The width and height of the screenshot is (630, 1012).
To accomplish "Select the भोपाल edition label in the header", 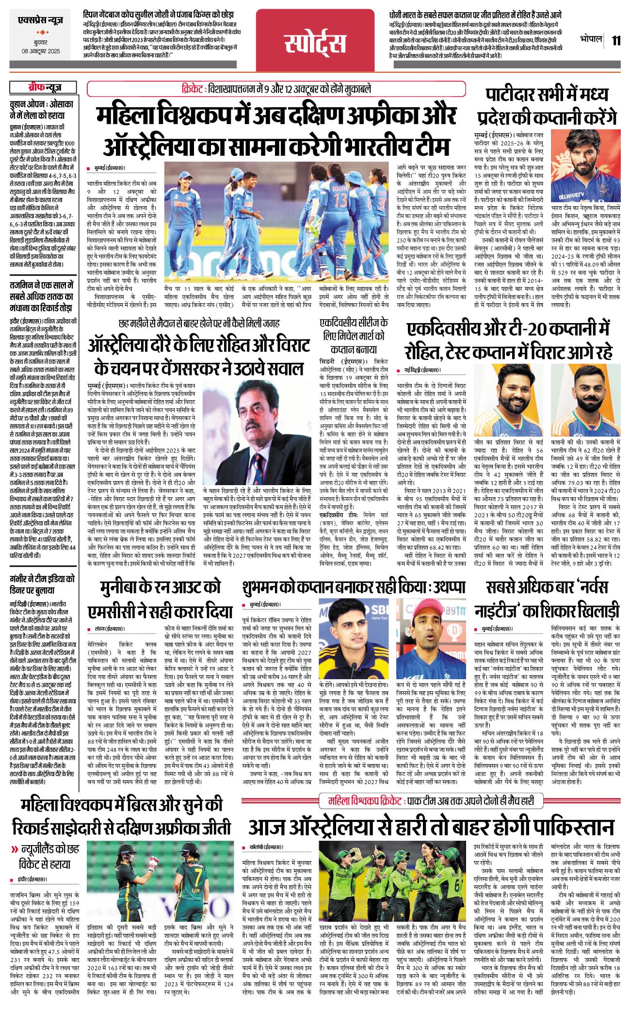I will (x=591, y=39).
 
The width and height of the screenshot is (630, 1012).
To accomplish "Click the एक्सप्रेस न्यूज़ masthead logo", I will (x=40, y=21).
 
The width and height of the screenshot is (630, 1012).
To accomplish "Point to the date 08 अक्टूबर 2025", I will (x=40, y=51).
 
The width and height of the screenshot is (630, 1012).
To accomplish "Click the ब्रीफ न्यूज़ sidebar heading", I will (x=44, y=88).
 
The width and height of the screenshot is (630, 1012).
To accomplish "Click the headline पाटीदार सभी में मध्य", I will (x=547, y=95).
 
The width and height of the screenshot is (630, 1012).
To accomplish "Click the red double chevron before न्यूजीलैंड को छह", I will (x=15, y=849).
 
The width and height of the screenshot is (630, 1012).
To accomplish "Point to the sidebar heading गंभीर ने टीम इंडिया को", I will (x=42, y=579).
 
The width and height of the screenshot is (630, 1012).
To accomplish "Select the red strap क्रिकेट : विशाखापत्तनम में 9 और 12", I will (x=276, y=89).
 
